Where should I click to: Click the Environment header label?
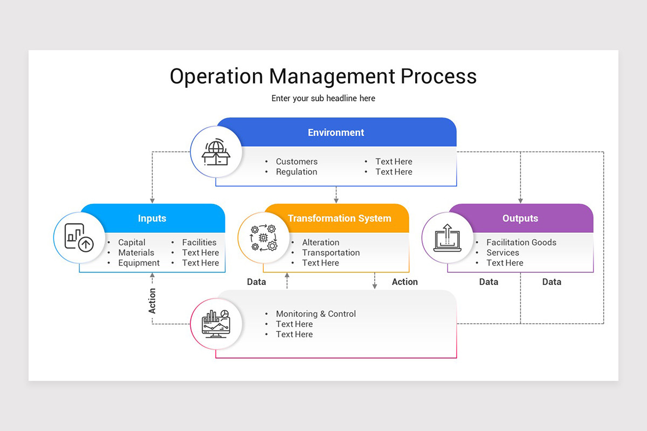pyautogui.click(x=336, y=133)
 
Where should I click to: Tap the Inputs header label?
pyautogui.click(x=152, y=218)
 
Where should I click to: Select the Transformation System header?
pyautogui.click(x=339, y=218)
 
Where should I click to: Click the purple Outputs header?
pyautogui.click(x=520, y=218)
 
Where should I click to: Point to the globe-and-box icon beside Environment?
pyautogui.click(x=216, y=152)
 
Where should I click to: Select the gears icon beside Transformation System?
pyautogui.click(x=263, y=238)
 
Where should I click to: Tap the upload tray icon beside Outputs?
pyautogui.click(x=448, y=238)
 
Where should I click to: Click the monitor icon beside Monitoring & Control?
pyautogui.click(x=216, y=323)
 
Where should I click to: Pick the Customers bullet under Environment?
pyautogui.click(x=297, y=162)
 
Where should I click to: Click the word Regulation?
pyautogui.click(x=297, y=172)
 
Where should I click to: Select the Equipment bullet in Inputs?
pyautogui.click(x=139, y=263)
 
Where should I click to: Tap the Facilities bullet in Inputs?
pyautogui.click(x=199, y=242)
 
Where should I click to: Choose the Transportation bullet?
pyautogui.click(x=331, y=253)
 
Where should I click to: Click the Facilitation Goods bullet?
pyautogui.click(x=521, y=242)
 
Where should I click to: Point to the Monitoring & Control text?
pyautogui.click(x=315, y=314)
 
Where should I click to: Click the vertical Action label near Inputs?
pyautogui.click(x=152, y=301)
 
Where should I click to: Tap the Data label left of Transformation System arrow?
pyautogui.click(x=256, y=282)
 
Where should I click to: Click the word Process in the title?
pyautogui.click(x=438, y=76)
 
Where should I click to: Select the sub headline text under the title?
pyautogui.click(x=323, y=99)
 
